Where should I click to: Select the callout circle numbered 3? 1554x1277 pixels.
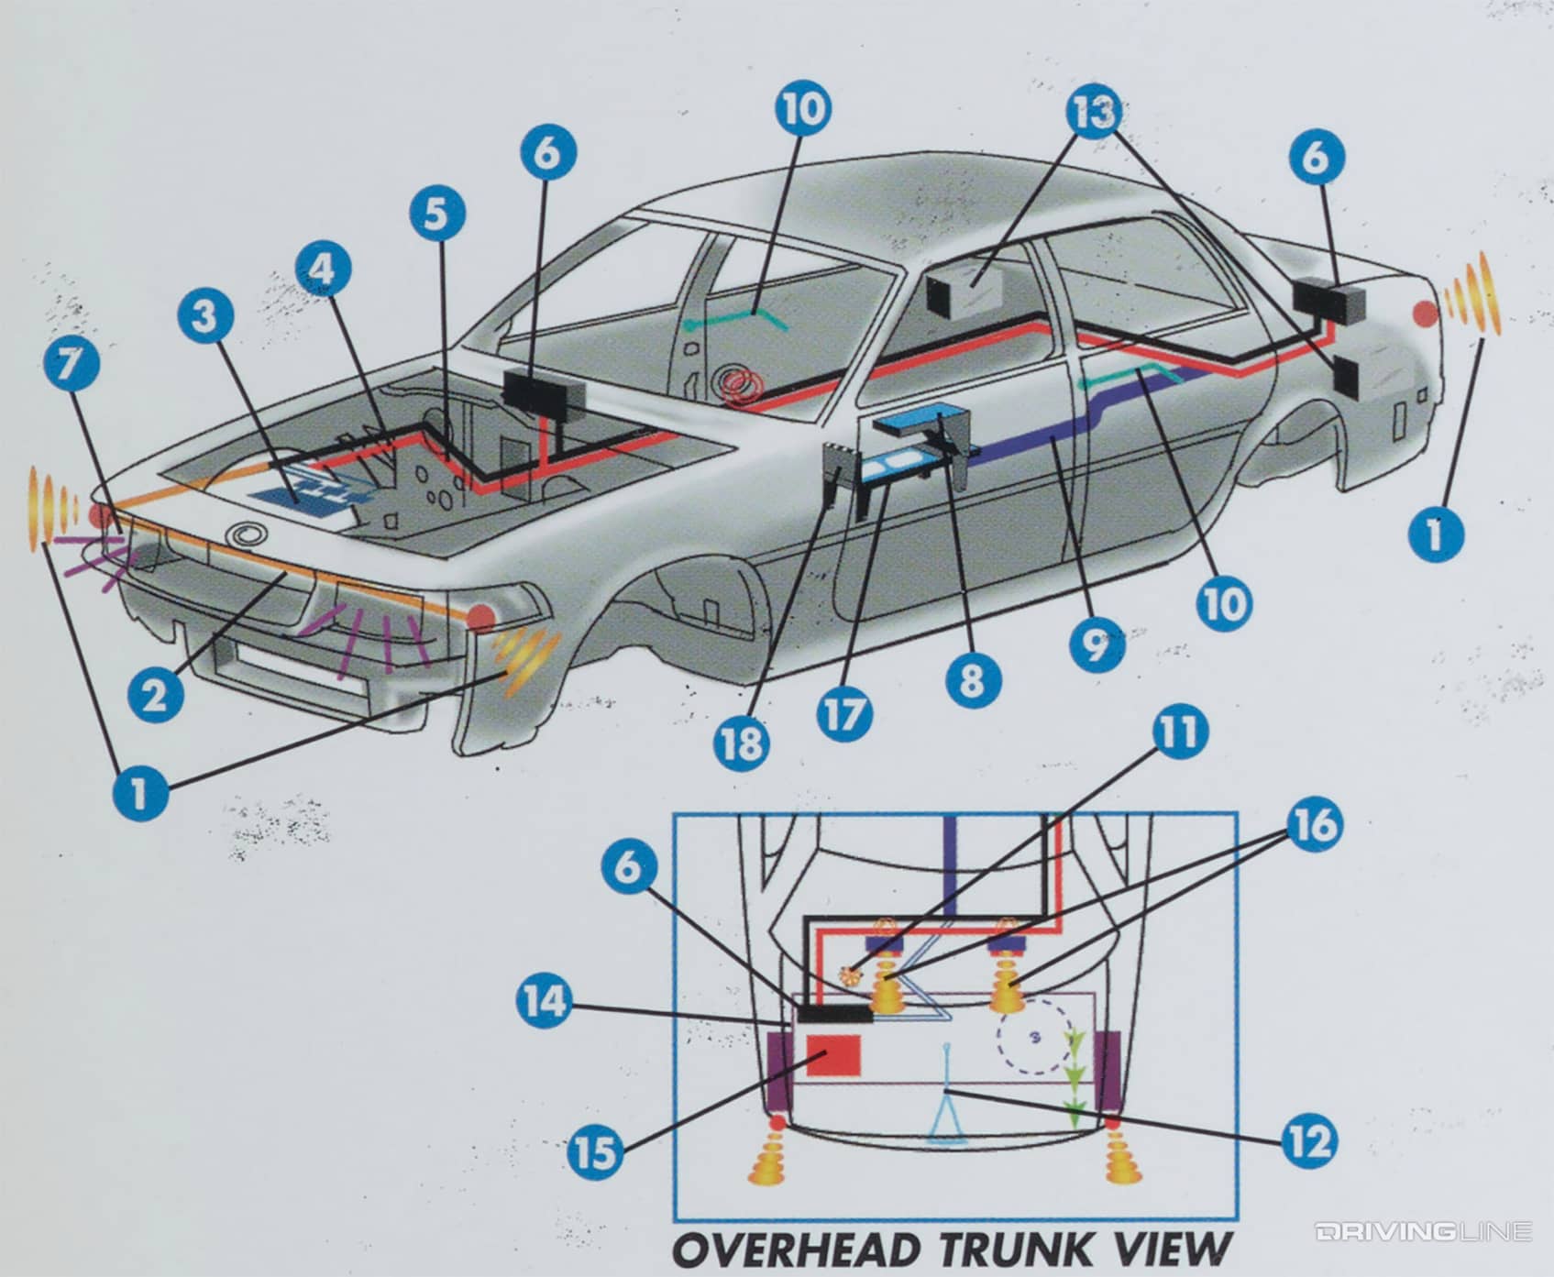pos(205,317)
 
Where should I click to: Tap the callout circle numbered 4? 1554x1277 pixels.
pos(323,269)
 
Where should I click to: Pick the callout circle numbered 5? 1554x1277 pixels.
pos(437,215)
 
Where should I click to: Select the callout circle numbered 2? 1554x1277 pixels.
pos(156,694)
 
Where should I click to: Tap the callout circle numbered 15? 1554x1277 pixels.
pos(595,1151)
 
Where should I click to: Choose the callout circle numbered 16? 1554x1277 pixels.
pos(1316,824)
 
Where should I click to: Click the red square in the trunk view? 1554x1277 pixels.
pos(832,1055)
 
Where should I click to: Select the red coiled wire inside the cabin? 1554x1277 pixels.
pos(743,387)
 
